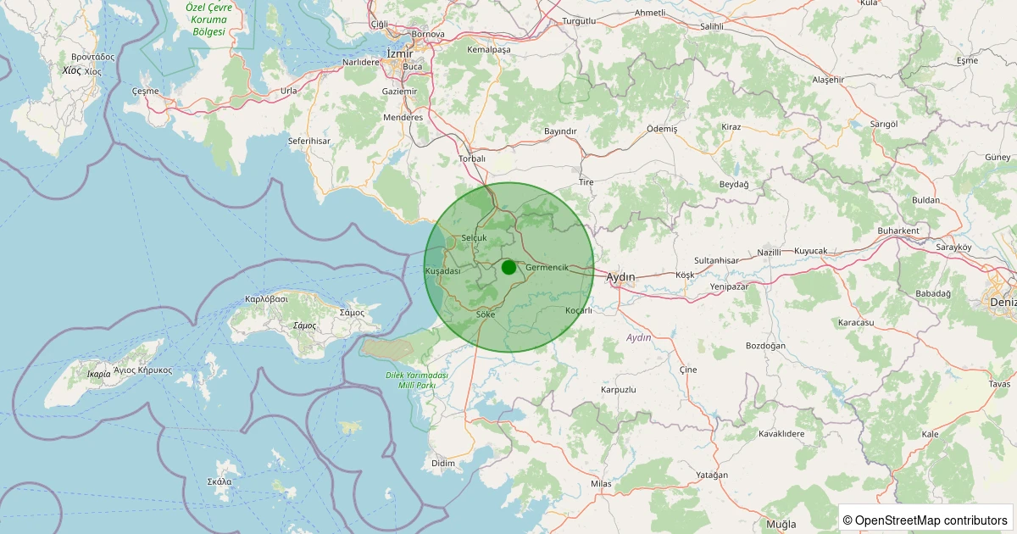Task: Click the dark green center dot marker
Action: tap(508, 267)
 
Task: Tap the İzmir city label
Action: tap(399, 53)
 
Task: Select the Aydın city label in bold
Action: tap(621, 277)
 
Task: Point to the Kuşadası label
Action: tap(442, 270)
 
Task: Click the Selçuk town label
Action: tap(475, 238)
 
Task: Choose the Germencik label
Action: tap(547, 267)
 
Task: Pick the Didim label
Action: tap(443, 463)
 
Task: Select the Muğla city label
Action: tap(781, 524)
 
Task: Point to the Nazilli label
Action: tap(769, 253)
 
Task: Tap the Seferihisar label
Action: tap(309, 141)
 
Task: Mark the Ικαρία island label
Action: tap(98, 374)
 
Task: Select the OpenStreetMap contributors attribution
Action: tap(925, 520)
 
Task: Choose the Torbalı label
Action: tap(472, 159)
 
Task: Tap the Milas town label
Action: tap(601, 483)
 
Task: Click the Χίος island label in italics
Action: tap(71, 71)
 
